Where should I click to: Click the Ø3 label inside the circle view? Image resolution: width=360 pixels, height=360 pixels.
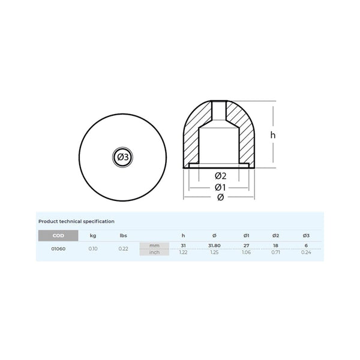[122, 157]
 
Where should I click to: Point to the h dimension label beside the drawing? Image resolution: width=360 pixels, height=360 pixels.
[272, 136]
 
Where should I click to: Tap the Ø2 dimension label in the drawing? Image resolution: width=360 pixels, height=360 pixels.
[220, 176]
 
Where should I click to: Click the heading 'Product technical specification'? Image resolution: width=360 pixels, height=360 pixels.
[76, 221]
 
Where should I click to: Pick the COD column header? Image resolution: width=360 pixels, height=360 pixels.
[58, 235]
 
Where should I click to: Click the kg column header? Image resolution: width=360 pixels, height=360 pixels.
[93, 235]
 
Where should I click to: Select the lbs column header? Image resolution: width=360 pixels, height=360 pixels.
[123, 235]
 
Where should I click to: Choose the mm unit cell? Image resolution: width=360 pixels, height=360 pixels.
[155, 246]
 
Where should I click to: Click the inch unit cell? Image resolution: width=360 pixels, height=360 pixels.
[155, 253]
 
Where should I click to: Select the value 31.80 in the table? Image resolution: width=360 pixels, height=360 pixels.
[214, 246]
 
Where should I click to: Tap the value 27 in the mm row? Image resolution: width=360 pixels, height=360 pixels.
[245, 246]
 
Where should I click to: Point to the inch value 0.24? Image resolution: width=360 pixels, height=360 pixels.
[306, 253]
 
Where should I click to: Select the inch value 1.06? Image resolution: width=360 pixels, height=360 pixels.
[245, 253]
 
